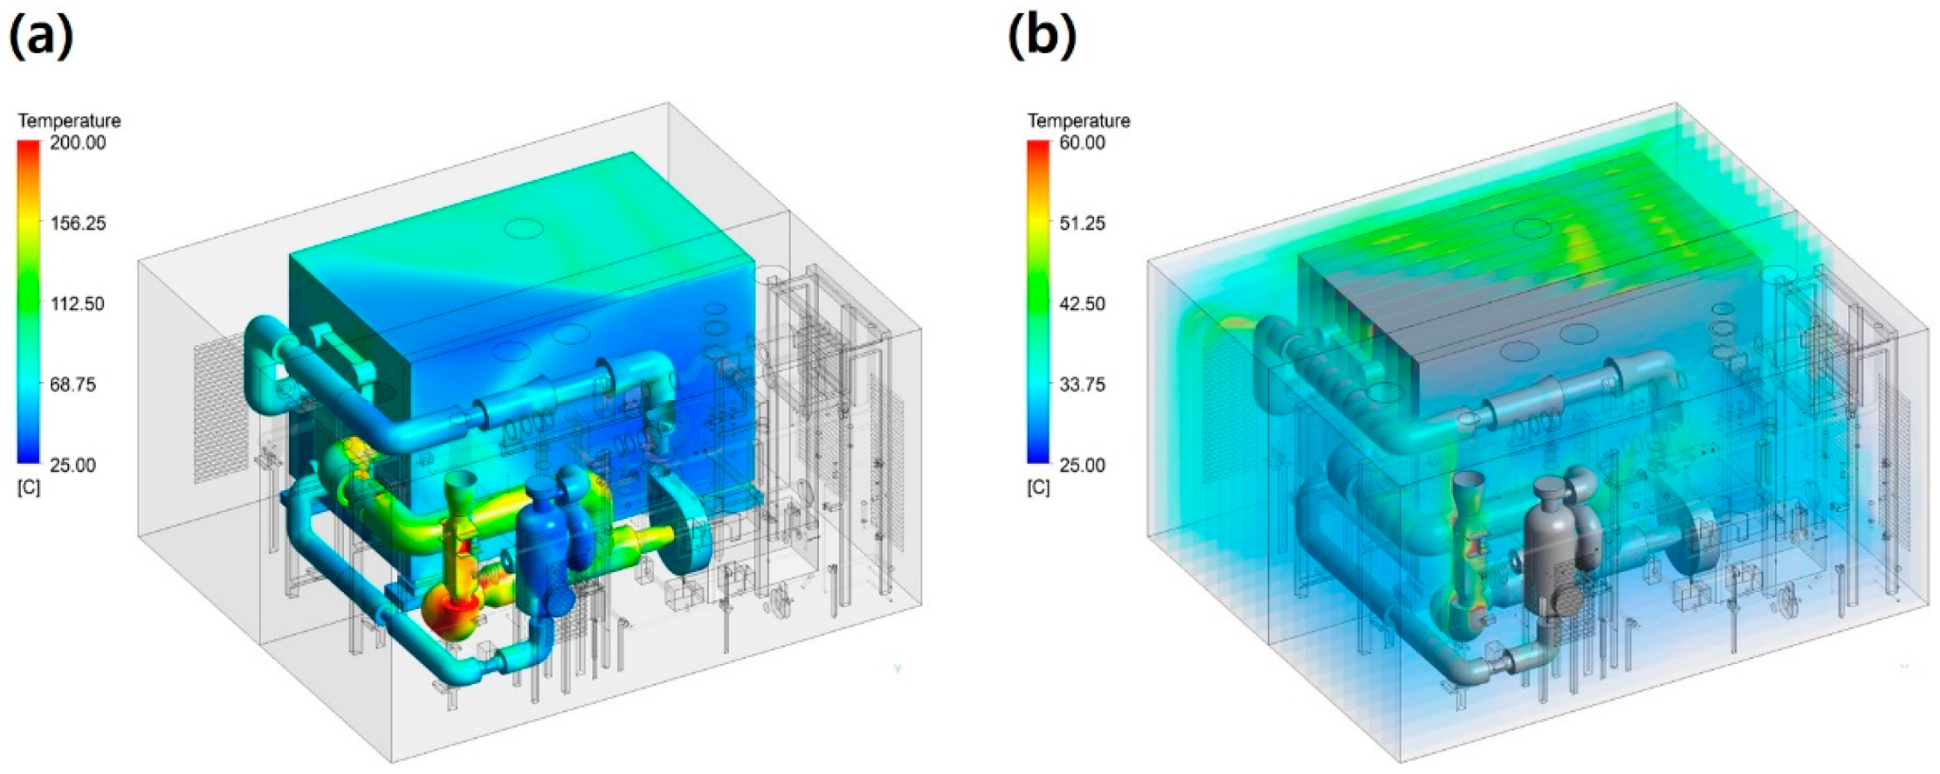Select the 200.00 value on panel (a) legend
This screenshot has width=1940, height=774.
pos(78,142)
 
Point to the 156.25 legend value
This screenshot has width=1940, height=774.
pos(78,223)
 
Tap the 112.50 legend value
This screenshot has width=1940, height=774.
pos(78,303)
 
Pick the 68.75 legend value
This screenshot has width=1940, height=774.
pos(73,384)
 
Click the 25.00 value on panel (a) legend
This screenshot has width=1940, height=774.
pos(73,465)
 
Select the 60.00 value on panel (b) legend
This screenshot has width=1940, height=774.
pos(1082,142)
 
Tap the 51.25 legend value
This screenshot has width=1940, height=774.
pos(1082,223)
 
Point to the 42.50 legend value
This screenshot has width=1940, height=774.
pos(1082,303)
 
